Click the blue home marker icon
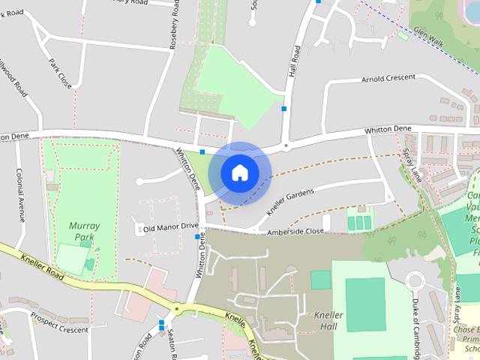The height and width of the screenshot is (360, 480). point(239,172)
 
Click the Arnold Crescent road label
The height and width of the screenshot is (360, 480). point(388,78)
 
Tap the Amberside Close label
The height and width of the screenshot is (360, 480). point(296,232)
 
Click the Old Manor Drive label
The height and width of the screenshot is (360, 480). point(171,226)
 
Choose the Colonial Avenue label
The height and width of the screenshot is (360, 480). point(20,194)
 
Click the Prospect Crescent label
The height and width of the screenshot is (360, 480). point(60,323)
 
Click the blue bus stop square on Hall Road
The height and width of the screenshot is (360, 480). point(284,109)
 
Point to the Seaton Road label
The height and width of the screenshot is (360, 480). point(172,346)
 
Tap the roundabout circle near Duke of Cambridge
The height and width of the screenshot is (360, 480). point(416,283)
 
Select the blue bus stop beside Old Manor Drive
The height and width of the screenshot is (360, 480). point(198,237)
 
